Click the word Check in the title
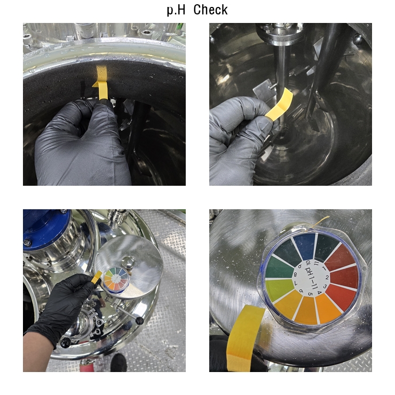pyautogui.click(x=211, y=10)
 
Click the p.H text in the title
pyautogui.click(x=176, y=11)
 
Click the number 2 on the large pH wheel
pyautogui.click(x=327, y=278)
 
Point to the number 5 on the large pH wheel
pyautogui.click(x=310, y=294)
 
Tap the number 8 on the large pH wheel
pyautogui.click(x=295, y=274)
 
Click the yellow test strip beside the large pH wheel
pyautogui.click(x=242, y=337)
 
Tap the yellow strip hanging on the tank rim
pyautogui.click(x=102, y=83)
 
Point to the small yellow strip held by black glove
pyautogui.click(x=97, y=278)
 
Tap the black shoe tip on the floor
pyautogui.click(x=118, y=363)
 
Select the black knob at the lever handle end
pyautogui.click(x=139, y=321)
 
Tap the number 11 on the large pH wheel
pyautogui.click(x=315, y=264)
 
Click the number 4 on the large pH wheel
pyautogui.click(x=319, y=293)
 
